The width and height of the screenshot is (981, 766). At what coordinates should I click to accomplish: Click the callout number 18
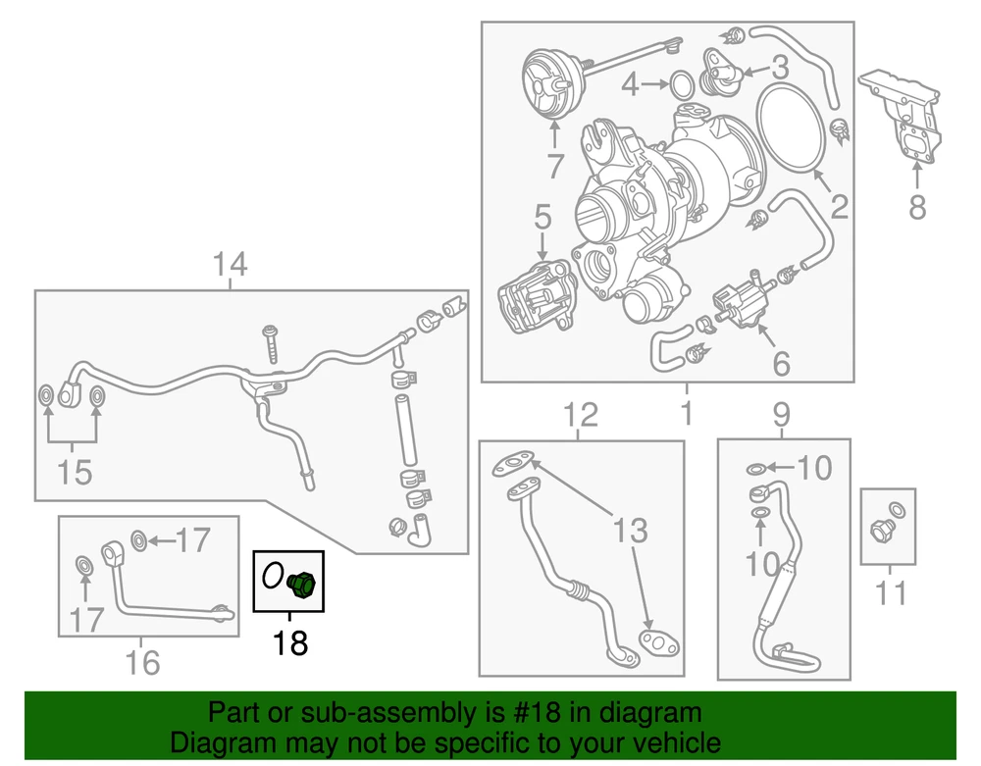(x=290, y=643)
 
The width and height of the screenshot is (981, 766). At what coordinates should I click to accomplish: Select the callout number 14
(x=232, y=264)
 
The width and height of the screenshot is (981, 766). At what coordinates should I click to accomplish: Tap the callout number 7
(x=555, y=165)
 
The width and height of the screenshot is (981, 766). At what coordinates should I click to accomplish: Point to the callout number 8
(x=916, y=208)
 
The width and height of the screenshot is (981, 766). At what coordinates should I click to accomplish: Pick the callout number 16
(x=143, y=663)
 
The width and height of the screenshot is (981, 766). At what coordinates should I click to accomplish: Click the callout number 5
(x=543, y=218)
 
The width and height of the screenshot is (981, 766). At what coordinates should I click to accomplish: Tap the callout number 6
(x=781, y=364)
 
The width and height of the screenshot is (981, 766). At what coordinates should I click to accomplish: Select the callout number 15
(x=74, y=472)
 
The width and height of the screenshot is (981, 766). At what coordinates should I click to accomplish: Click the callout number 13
(x=632, y=531)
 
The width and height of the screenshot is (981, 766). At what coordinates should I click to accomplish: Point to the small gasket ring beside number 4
(x=678, y=85)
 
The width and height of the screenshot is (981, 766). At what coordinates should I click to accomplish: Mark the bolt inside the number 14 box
(x=270, y=344)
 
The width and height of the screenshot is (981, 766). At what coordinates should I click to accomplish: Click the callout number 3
(x=780, y=68)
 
